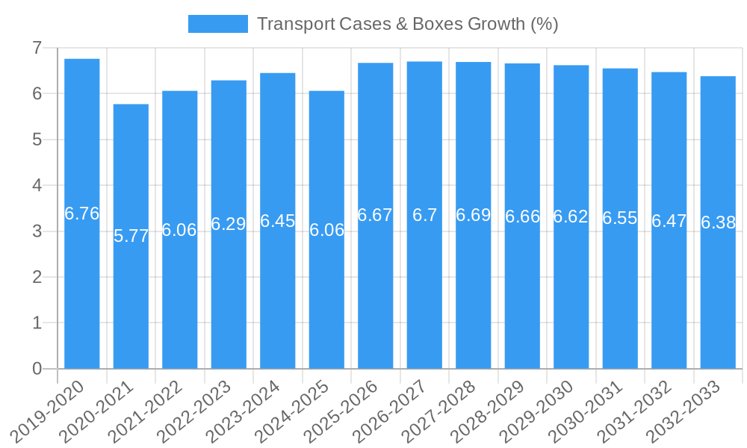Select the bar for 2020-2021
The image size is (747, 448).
pos(131,299)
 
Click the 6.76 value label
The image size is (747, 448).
pos(82,214)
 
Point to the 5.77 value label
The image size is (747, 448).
pos(131,236)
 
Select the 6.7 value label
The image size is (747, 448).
pos(424,215)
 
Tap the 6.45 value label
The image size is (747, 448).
pos(278,221)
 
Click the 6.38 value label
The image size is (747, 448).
pos(718,223)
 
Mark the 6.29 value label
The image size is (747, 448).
pos(229,224)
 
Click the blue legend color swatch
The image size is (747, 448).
pos(217,24)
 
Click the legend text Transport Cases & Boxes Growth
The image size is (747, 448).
pos(408,24)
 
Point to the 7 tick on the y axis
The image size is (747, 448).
pos(37,48)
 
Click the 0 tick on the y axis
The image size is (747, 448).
pos(37,369)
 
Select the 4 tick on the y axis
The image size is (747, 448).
pos(37,185)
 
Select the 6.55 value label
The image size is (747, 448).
pos(620,218)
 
